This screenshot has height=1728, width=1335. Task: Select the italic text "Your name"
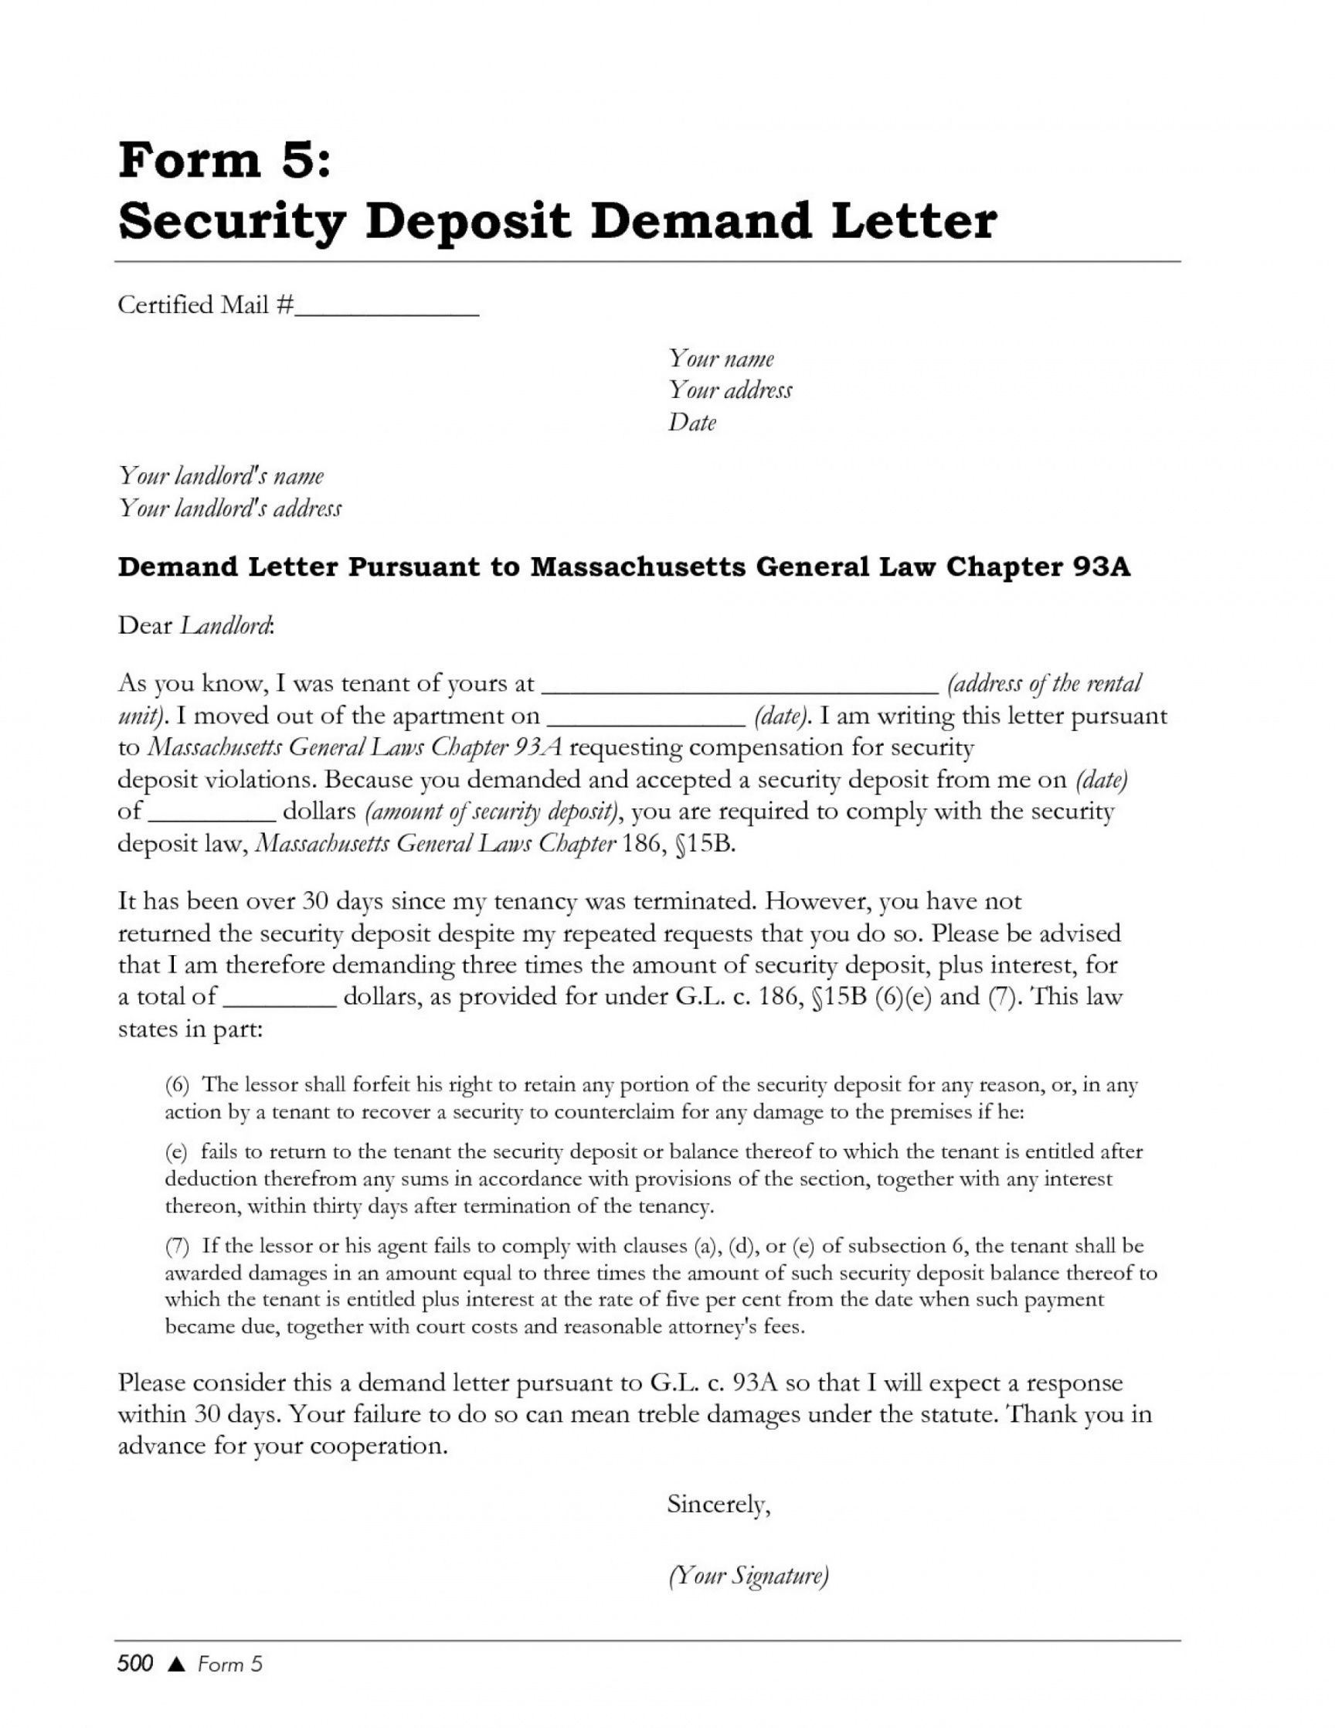722,359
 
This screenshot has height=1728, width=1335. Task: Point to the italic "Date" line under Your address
692,423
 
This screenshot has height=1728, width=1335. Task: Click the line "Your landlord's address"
229,508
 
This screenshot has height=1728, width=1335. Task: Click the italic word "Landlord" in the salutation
226,626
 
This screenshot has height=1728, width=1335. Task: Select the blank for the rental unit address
741,689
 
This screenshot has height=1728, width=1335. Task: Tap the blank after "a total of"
280,1002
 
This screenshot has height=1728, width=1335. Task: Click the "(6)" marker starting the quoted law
177,1086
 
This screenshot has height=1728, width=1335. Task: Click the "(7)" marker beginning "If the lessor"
177,1247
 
